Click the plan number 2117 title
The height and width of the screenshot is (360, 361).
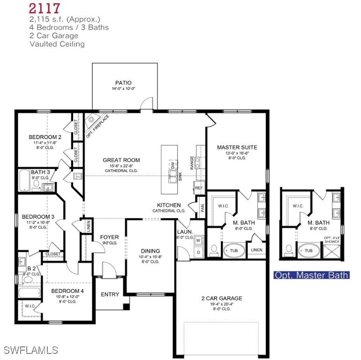(44, 8)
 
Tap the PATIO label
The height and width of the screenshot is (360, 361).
(123, 83)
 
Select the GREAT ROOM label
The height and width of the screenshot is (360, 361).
(121, 160)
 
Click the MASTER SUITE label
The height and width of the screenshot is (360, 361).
(237, 147)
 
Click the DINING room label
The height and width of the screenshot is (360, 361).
(150, 251)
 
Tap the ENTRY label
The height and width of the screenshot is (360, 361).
(110, 294)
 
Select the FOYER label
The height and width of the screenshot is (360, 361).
(109, 237)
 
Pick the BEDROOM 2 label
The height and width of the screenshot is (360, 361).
(45, 137)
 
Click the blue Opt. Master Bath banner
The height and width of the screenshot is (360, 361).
(311, 275)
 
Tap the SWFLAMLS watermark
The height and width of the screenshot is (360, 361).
(30, 350)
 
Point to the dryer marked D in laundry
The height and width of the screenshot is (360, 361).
(198, 253)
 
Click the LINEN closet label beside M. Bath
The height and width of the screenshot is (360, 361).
(256, 250)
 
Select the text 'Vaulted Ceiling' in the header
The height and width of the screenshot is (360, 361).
(57, 44)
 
